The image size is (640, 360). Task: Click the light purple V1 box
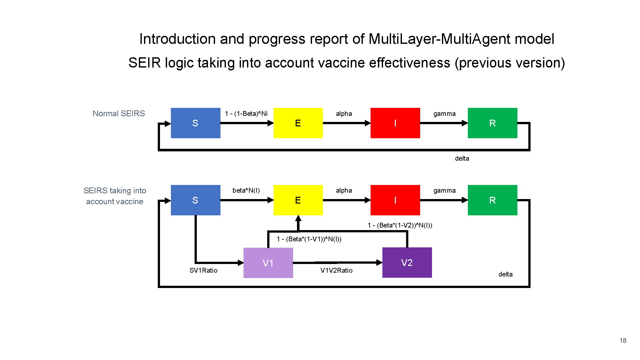pyautogui.click(x=268, y=263)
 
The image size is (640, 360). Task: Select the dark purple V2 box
pyautogui.click(x=407, y=262)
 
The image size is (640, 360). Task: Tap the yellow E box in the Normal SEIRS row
pyautogui.click(x=298, y=123)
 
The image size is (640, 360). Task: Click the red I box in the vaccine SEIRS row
pyautogui.click(x=395, y=200)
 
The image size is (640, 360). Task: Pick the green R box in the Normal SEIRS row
pyautogui.click(x=492, y=123)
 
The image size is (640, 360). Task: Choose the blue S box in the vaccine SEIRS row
pyautogui.click(x=196, y=200)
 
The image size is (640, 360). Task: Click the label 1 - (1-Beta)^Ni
pyautogui.click(x=246, y=114)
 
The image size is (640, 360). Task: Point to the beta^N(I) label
pyautogui.click(x=246, y=190)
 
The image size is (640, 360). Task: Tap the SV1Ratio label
pyautogui.click(x=204, y=270)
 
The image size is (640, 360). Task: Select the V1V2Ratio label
pyautogui.click(x=337, y=270)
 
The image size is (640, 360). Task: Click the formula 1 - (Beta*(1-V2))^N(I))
pyautogui.click(x=400, y=225)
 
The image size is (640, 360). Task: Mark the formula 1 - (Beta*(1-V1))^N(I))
pyautogui.click(x=309, y=239)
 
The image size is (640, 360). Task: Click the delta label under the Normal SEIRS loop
pyautogui.click(x=462, y=158)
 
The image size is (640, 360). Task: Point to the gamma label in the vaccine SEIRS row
pyautogui.click(x=444, y=191)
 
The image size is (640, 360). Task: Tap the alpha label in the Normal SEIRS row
pyautogui.click(x=344, y=114)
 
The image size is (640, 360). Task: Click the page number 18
pyautogui.click(x=623, y=340)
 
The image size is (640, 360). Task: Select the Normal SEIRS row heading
pyautogui.click(x=119, y=114)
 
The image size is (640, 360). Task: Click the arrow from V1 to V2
pyautogui.click(x=338, y=263)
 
